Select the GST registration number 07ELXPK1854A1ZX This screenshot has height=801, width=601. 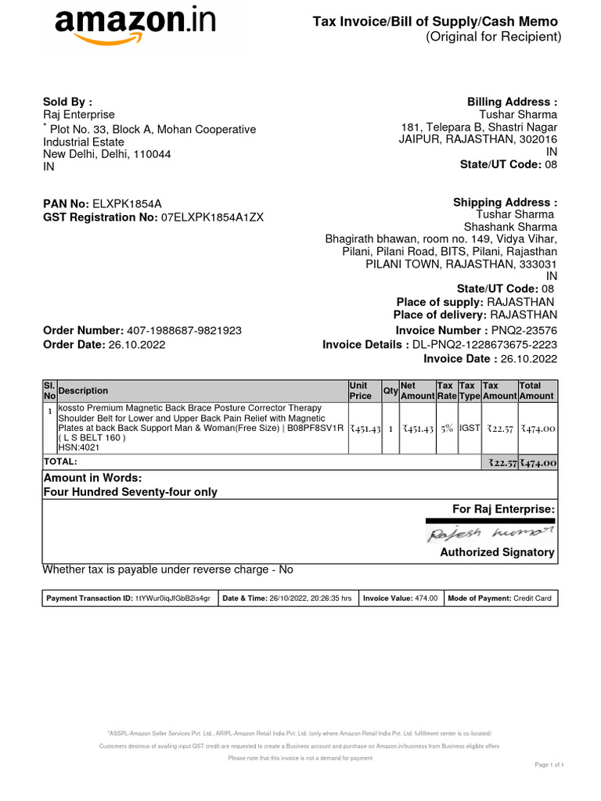point(212,217)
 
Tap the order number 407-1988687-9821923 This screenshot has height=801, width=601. point(184,331)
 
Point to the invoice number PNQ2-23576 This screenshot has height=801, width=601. point(524,331)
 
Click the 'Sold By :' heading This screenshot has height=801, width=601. point(67,101)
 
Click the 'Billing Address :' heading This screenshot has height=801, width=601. point(513,102)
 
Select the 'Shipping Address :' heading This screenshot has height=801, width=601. point(506,203)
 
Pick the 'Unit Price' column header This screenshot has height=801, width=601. point(360,390)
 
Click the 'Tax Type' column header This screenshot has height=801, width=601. point(468,390)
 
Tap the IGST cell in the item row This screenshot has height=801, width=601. point(470,429)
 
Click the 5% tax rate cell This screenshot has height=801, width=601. point(446,429)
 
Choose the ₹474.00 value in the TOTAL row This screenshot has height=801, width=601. point(538,463)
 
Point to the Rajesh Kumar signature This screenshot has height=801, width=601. point(491,533)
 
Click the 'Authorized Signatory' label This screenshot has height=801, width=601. point(498,552)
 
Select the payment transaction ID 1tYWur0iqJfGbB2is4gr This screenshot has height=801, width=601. point(173,598)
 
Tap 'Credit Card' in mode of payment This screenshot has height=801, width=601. point(532,598)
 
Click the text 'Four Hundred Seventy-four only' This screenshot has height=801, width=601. point(130,492)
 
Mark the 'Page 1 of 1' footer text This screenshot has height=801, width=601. point(549,764)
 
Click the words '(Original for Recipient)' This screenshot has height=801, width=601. point(493,37)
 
